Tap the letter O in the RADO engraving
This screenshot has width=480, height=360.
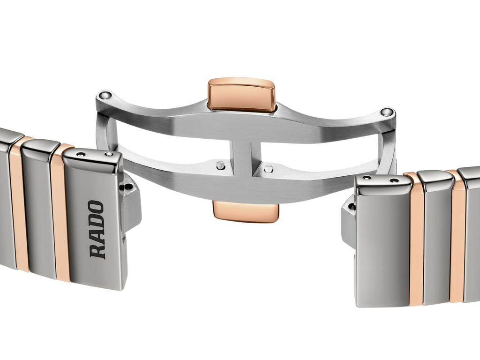pyautogui.click(x=96, y=208)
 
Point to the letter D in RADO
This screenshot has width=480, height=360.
pyautogui.click(x=97, y=222)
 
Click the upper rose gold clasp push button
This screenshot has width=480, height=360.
pyautogui.click(x=241, y=94)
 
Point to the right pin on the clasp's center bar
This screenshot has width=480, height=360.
pyautogui.click(x=268, y=167)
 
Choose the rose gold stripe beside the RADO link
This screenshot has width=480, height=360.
pyautogui.click(x=61, y=211)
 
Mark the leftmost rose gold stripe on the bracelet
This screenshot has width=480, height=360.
pyautogui.click(x=18, y=202)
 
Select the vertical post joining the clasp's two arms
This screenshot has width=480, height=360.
pyautogui.click(x=241, y=159)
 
